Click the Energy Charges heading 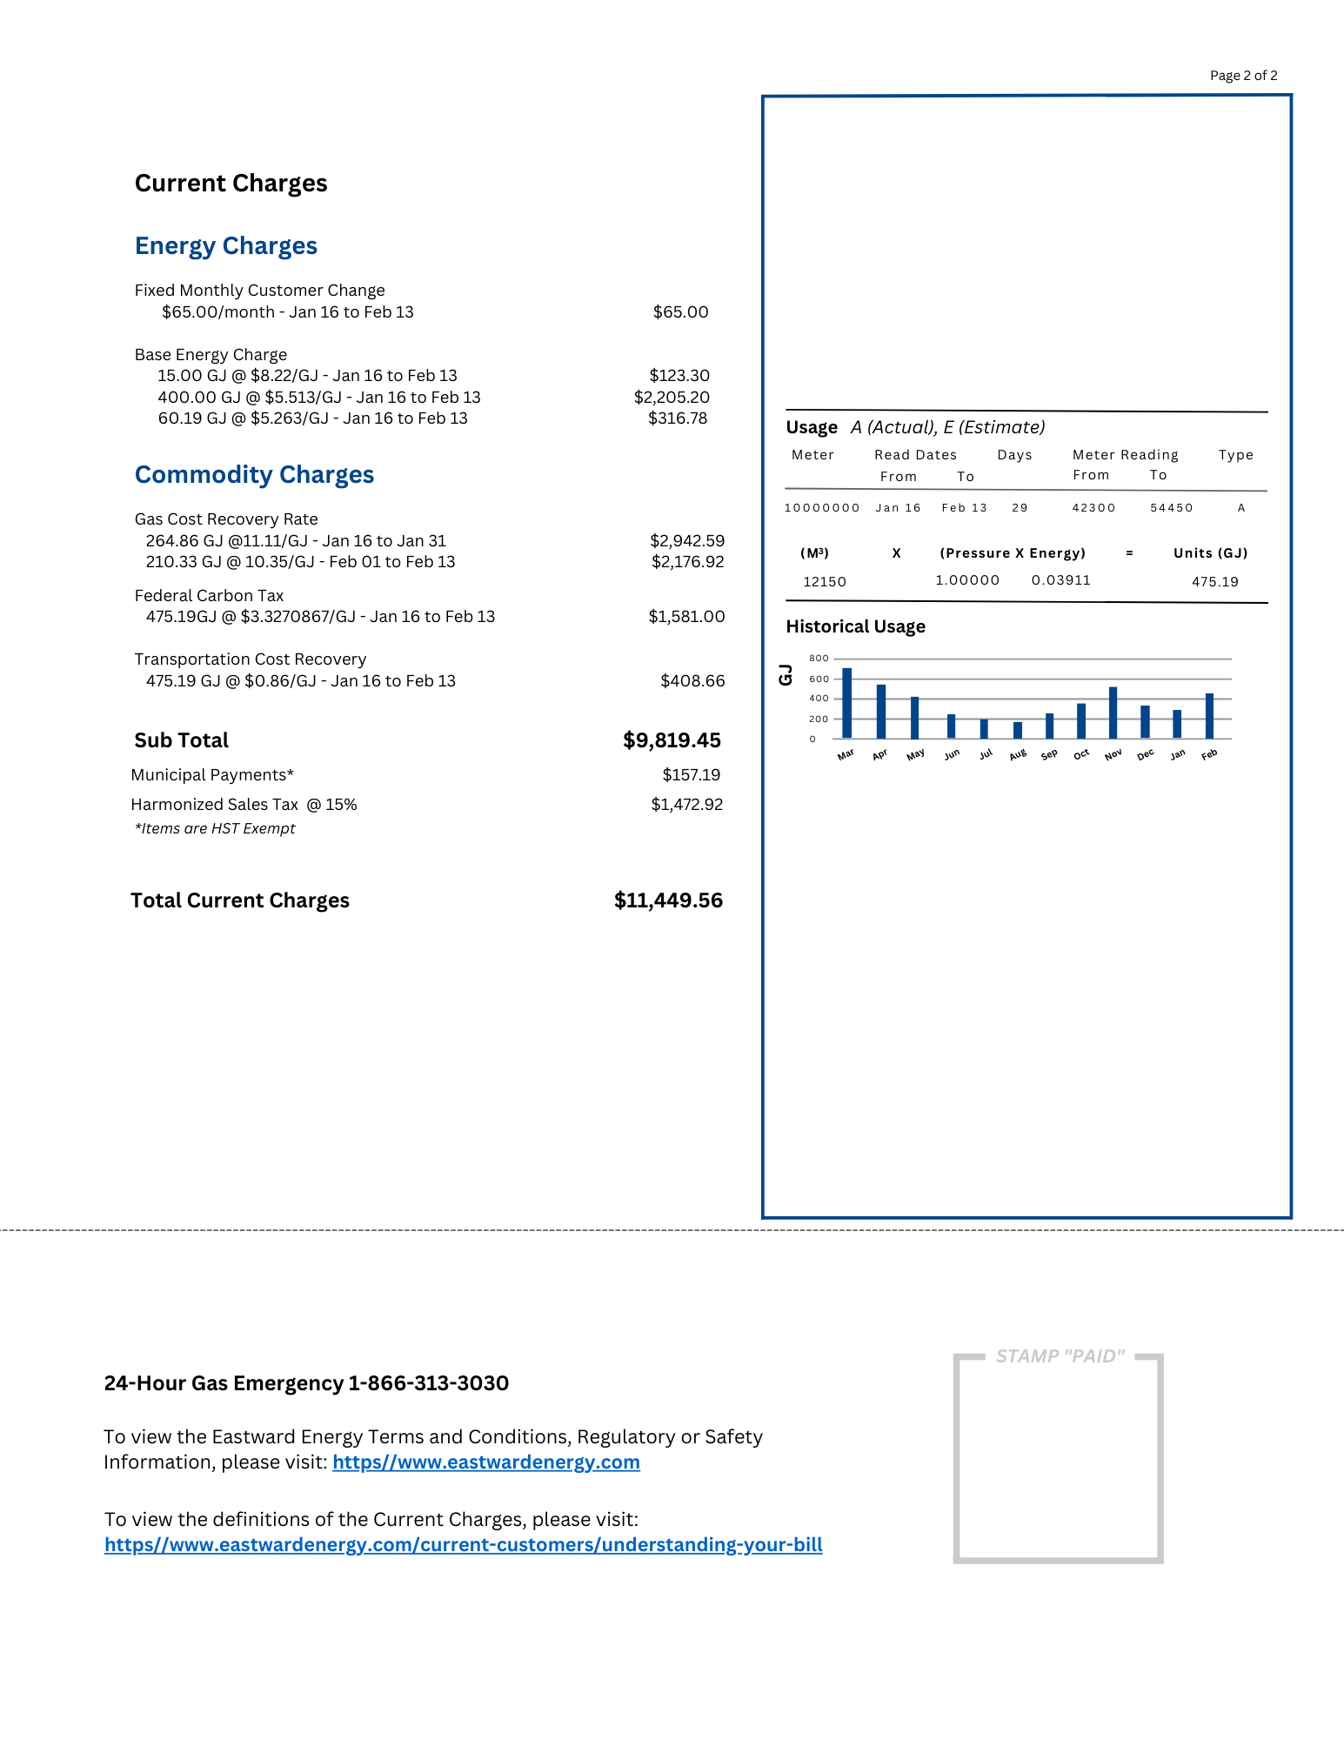point(226,246)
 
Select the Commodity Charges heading point(254,475)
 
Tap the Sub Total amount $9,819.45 point(672,740)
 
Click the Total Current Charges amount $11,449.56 point(668,900)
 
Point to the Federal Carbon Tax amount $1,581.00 point(686,617)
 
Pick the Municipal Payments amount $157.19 point(691,775)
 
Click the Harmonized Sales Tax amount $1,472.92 point(686,805)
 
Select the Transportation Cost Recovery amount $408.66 point(692,681)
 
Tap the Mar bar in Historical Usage point(846,703)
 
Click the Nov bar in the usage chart point(1113,713)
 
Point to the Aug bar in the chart point(1018,730)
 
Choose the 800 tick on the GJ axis point(819,659)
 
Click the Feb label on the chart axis point(1209,755)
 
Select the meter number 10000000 point(822,508)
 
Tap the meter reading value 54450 point(1171,508)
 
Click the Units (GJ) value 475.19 point(1214,582)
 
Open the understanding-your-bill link point(463,1545)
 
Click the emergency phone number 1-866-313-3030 point(428,1383)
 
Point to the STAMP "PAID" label point(1060,1356)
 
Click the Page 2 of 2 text point(1243,76)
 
